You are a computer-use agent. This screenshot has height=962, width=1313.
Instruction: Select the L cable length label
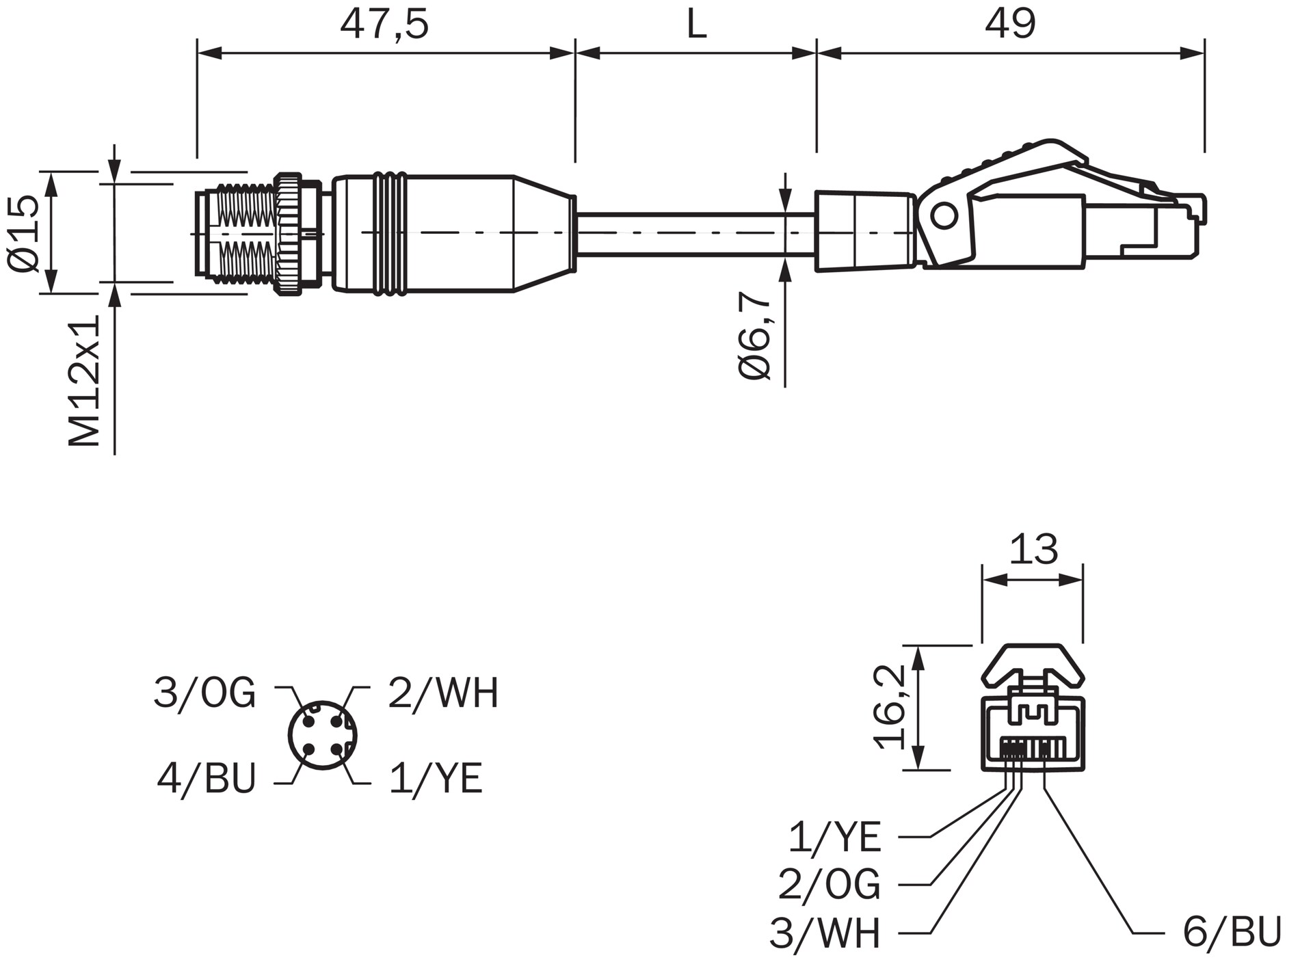[696, 25]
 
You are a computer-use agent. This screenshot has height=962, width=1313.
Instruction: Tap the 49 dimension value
[1010, 24]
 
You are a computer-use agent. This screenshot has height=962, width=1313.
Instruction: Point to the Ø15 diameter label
[26, 234]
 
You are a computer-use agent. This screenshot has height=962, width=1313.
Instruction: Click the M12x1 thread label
[85, 380]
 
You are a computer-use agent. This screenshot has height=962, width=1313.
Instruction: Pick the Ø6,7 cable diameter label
[755, 335]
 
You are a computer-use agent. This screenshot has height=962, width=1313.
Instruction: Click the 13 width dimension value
[1033, 549]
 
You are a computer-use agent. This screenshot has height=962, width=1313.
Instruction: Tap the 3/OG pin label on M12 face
[204, 693]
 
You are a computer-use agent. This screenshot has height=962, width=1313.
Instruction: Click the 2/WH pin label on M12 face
[443, 693]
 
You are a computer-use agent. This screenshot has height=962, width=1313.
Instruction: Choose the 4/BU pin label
[206, 778]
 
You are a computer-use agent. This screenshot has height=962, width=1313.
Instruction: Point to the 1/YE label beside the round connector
[436, 778]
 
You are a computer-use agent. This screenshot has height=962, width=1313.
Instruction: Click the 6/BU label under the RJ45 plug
[1232, 931]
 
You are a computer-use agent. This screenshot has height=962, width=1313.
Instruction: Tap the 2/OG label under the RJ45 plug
[829, 884]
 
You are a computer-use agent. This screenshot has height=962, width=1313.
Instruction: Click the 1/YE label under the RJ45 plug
[834, 837]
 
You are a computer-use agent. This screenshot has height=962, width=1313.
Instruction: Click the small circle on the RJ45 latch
[944, 216]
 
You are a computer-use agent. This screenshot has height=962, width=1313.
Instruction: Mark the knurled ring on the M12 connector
[288, 234]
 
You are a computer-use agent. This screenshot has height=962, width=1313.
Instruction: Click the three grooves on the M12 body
[390, 234]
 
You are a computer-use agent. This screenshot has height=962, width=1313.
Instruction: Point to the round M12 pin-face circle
[322, 735]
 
